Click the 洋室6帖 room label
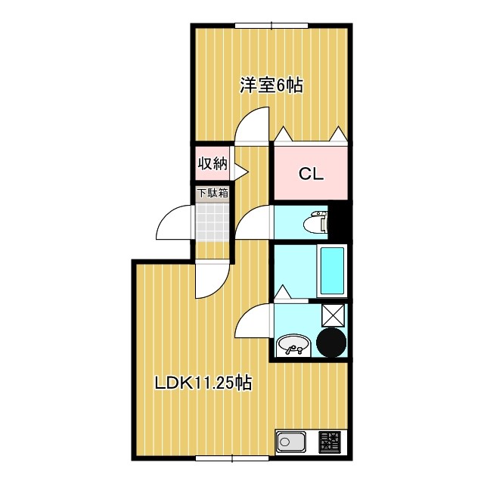point(271,85)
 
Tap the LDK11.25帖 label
point(203,383)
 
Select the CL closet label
point(310,174)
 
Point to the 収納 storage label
point(213,163)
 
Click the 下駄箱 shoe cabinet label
point(213,193)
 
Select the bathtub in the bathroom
point(333,271)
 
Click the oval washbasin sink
point(292,346)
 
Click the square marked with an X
point(333,314)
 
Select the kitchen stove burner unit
point(330,441)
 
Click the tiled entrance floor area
point(213,221)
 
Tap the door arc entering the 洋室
point(253,125)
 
